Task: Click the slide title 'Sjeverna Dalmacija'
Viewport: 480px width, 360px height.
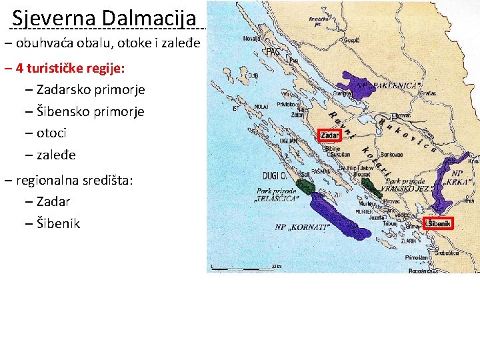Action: (104, 17)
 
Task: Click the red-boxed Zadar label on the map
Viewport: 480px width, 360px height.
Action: (330, 135)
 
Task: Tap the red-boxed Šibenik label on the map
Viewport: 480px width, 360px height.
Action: (439, 223)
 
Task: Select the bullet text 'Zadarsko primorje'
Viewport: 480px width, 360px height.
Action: (91, 89)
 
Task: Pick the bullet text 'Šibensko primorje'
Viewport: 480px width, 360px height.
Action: (91, 111)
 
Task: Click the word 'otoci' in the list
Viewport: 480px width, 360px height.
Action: (52, 133)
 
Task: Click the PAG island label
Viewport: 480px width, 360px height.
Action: (273, 52)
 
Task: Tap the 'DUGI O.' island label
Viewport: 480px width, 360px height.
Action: (273, 176)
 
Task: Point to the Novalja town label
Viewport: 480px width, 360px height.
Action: (252, 39)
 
